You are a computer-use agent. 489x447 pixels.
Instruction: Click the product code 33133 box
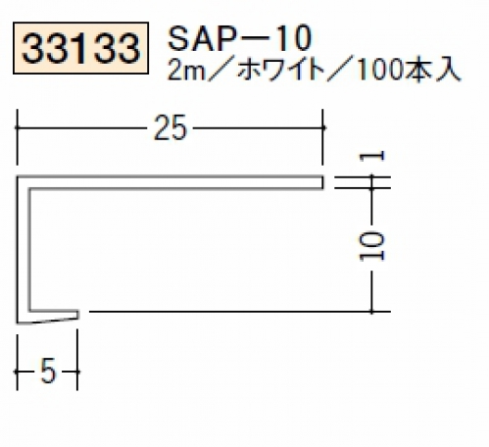pos(81,48)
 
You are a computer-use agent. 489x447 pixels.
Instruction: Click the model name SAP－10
pos(239,38)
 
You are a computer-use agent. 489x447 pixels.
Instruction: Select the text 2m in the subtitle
pos(186,71)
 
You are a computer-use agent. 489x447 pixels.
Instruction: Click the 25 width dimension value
pos(171,127)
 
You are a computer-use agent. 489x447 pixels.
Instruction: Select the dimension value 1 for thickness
pos(371,157)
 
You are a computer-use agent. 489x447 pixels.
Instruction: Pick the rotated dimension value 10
pos(371,246)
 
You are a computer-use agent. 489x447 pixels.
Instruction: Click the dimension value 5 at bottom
pos(48,372)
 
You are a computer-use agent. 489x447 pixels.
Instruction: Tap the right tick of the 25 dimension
pos(322,127)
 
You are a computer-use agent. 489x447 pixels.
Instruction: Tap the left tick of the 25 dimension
pos(17,127)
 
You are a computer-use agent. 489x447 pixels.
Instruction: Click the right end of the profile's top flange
pos(322,182)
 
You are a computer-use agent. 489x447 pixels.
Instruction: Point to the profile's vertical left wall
pos(24,250)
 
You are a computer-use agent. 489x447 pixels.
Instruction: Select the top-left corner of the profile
pos(18,177)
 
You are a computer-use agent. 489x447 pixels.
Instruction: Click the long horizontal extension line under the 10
pos(240,312)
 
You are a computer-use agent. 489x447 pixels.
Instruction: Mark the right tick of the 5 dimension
pos(77,372)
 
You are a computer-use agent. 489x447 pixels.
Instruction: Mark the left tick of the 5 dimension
pos(17,372)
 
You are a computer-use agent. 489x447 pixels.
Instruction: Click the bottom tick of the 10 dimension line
pos(371,312)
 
